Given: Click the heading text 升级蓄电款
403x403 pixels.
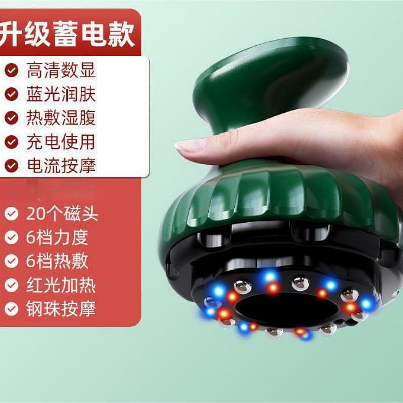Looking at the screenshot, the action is (x=68, y=34).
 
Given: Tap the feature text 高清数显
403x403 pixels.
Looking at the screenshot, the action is (x=61, y=70).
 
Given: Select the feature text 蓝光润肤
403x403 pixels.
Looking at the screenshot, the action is (x=61, y=94).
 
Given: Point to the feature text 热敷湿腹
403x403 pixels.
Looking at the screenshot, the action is (x=61, y=118).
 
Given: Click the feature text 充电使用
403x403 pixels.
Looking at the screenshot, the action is (x=61, y=142).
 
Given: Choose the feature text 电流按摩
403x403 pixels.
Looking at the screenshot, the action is (x=61, y=166).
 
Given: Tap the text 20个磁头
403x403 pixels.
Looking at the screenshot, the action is (x=62, y=214).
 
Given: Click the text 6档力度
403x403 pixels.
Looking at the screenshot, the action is (x=57, y=237).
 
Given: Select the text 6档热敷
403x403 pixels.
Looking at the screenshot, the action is (x=57, y=261).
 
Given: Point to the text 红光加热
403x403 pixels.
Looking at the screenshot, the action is (x=61, y=285).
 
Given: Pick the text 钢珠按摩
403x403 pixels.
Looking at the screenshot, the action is (x=61, y=309).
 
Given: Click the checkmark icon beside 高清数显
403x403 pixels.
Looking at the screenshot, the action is (x=11, y=70).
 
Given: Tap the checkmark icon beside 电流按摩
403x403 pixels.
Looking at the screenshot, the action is (x=11, y=166).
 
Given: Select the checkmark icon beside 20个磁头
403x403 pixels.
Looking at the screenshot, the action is (x=11, y=214).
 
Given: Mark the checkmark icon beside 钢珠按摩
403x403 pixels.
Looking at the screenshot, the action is (x=11, y=309).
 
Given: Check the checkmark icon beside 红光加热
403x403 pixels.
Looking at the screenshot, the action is (x=11, y=285).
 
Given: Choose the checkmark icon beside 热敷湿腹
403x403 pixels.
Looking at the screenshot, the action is (x=11, y=118).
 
